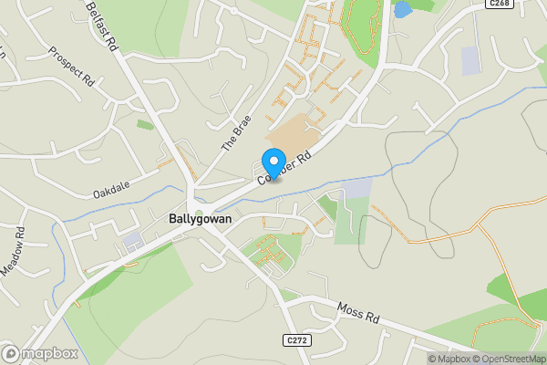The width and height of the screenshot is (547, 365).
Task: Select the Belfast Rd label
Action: pyautogui.click(x=102, y=24)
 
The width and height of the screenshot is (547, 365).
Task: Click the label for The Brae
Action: pyautogui.click(x=235, y=132)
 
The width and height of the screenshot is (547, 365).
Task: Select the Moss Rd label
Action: pyautogui.click(x=357, y=315)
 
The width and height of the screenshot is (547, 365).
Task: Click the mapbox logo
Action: pyautogui.click(x=38, y=354)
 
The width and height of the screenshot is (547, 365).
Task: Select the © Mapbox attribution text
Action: pyautogui.click(x=450, y=359)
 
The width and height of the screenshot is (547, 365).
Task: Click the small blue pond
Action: pyautogui.click(x=402, y=8)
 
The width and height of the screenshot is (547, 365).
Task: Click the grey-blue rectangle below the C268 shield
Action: pyautogui.click(x=470, y=60)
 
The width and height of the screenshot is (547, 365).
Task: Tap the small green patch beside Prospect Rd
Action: pyautogui.click(x=144, y=124)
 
